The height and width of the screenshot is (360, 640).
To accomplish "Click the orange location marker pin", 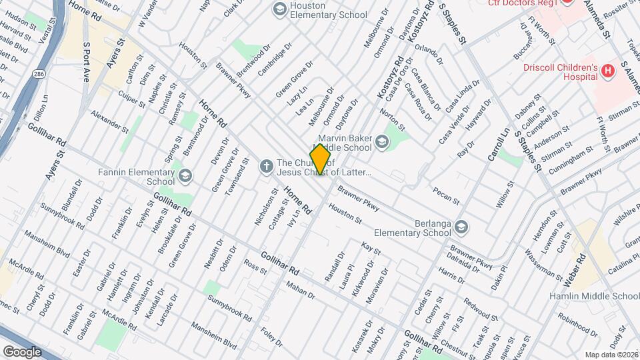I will point(320,159).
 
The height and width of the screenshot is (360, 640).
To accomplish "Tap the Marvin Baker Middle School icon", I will point(381,141).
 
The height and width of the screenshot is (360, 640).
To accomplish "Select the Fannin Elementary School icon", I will point(185,176).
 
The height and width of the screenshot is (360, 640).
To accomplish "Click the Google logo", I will point(22,351).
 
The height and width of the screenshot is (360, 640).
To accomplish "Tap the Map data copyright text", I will point(611,355).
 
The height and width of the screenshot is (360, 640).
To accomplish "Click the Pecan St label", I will point(446,195).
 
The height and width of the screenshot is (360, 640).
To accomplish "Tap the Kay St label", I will point(370,249).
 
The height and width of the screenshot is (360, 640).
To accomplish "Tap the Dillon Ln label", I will point(41,109).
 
